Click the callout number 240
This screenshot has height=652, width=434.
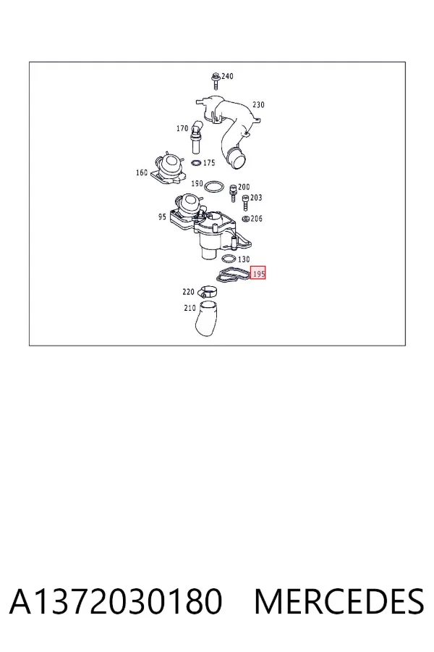[x=227, y=76]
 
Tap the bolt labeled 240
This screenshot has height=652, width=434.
[x=216, y=80]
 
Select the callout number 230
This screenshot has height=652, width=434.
[x=258, y=105]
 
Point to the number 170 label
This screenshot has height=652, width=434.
[x=182, y=128]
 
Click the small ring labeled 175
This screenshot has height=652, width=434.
[x=196, y=162]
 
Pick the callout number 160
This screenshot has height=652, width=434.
[x=142, y=172]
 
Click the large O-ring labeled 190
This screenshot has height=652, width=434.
[x=214, y=187]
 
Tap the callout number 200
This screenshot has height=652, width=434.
[x=244, y=187]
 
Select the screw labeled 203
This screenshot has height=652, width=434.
[x=245, y=203]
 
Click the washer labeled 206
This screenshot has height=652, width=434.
[x=245, y=219]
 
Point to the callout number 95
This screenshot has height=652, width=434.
[x=162, y=217]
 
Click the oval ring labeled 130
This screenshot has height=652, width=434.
[x=229, y=259]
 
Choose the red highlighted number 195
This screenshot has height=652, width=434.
[x=258, y=274]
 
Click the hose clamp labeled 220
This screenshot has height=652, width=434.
[x=205, y=291]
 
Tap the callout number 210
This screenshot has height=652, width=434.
[x=190, y=308]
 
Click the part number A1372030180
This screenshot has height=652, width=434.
[x=116, y=601]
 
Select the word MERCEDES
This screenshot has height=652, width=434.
[x=339, y=601]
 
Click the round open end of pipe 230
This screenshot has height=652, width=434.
[x=238, y=159]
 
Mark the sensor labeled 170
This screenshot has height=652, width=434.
[x=196, y=137]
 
